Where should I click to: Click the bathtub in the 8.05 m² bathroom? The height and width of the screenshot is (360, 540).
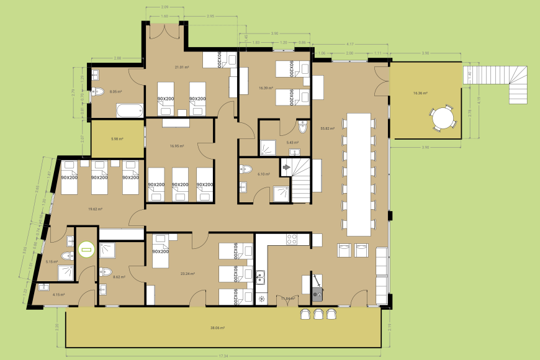[129, 111]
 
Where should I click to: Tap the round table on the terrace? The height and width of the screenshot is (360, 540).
[443, 117]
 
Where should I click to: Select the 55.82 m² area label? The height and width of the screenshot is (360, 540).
[327, 128]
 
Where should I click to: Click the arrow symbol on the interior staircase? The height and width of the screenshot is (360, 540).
[287, 167]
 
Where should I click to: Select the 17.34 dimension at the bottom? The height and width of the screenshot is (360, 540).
[223, 356]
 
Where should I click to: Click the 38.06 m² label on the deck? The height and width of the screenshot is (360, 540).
[217, 327]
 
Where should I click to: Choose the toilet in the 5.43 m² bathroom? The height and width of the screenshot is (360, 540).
[303, 127]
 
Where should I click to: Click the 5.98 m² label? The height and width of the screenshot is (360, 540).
[116, 139]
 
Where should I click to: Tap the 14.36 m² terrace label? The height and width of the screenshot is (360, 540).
[420, 93]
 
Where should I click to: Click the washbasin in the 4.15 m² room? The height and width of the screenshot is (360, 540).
[43, 287]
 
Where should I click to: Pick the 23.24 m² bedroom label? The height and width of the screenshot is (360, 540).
[188, 274]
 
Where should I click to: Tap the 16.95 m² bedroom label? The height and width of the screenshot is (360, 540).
[178, 146]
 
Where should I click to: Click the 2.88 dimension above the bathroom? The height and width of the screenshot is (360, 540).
[117, 58]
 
